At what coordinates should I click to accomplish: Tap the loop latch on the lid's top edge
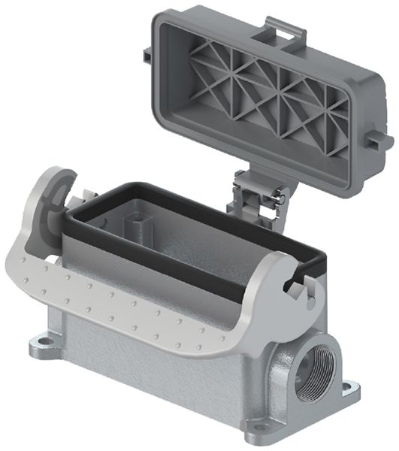click(286, 30)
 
